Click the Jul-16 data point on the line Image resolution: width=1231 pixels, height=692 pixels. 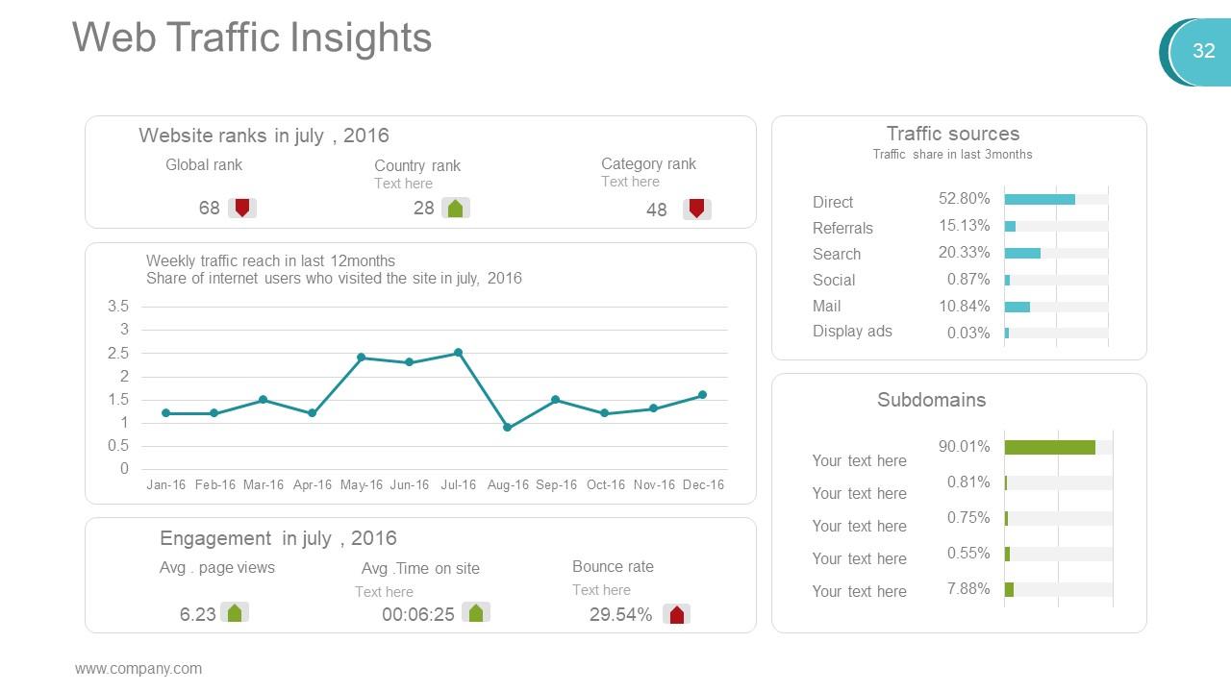(x=458, y=353)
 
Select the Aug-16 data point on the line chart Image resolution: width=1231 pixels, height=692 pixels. (x=507, y=428)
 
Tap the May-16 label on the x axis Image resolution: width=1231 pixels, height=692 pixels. (x=361, y=485)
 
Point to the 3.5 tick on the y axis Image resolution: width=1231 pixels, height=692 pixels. (x=118, y=307)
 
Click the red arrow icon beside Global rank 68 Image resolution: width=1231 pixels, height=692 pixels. (x=242, y=208)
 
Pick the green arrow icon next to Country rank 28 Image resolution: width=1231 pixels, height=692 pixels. (x=456, y=208)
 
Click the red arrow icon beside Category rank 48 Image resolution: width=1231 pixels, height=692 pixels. (x=697, y=209)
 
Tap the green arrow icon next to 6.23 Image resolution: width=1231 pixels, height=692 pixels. (x=235, y=612)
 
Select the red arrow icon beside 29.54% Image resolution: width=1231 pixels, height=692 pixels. (x=677, y=614)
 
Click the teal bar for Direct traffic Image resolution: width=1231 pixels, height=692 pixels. (x=1040, y=199)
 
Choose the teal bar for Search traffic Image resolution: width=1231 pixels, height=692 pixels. (x=1022, y=253)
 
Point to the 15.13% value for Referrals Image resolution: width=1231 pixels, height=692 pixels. (x=964, y=226)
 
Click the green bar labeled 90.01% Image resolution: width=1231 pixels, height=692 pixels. (x=1049, y=447)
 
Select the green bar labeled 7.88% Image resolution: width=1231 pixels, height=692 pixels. (x=1009, y=589)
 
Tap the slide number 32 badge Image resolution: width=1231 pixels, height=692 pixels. (x=1203, y=51)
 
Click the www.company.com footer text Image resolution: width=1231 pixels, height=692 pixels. (x=138, y=669)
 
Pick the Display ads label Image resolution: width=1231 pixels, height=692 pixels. (x=852, y=332)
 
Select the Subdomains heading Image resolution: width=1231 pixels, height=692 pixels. (x=931, y=400)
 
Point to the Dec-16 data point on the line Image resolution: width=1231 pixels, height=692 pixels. (x=702, y=395)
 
